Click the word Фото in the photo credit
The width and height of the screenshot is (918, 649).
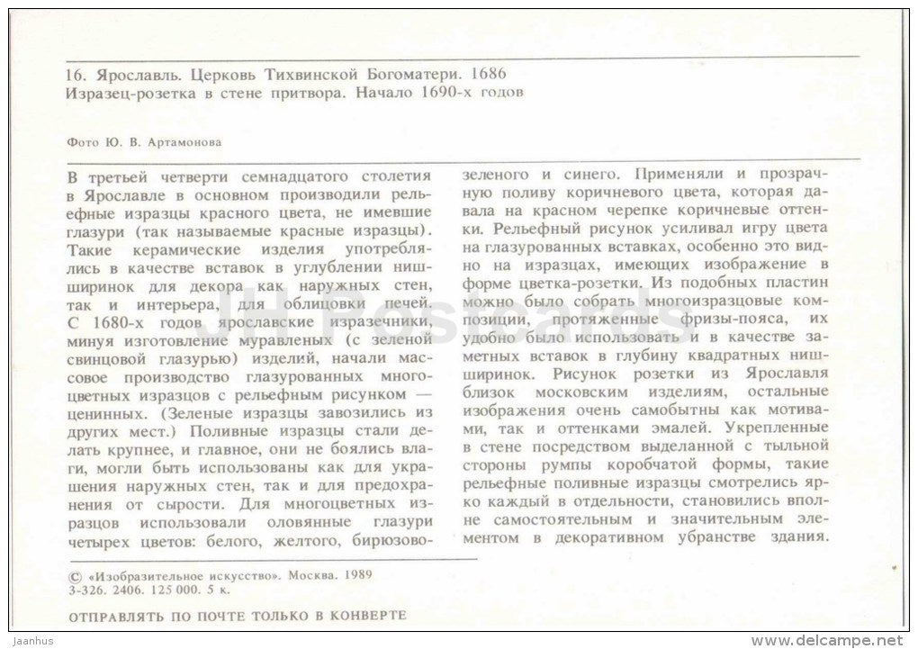click(82, 140)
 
